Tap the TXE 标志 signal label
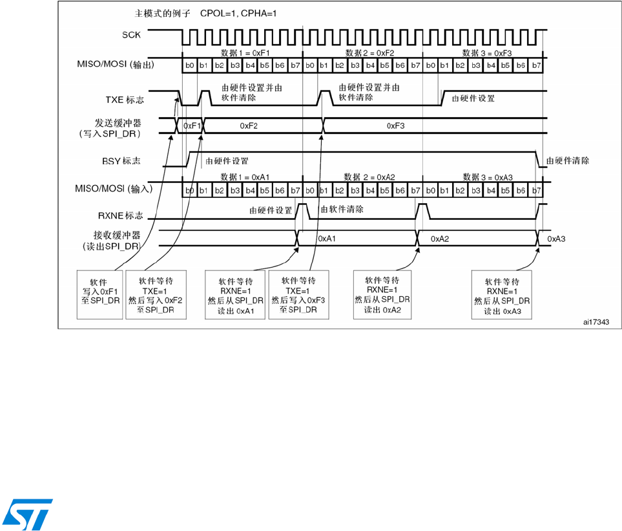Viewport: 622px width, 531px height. pos(125,100)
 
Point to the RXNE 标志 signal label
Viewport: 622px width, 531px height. pos(118,217)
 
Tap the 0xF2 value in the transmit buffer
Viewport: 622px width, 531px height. pos(249,126)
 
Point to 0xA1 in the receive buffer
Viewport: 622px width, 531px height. pos(327,239)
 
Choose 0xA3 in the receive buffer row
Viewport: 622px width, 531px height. pos(557,239)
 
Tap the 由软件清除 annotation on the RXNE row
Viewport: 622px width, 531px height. pos(342,210)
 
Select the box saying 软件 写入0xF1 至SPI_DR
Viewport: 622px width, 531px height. pos(99,295)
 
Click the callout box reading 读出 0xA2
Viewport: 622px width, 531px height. pos(382,295)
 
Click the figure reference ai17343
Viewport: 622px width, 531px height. pos(595,320)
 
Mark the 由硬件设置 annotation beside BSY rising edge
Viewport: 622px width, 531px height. pos(227,160)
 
